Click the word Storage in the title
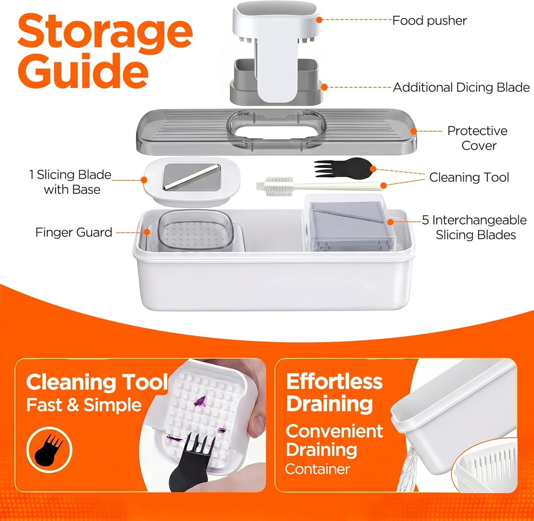105,32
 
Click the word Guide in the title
83,71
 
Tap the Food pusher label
429,21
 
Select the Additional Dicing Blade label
461,88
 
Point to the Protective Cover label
478,138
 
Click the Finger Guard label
74,232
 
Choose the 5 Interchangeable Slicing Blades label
474,227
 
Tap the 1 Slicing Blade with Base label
70,182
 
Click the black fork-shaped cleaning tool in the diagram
344,168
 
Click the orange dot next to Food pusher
319,20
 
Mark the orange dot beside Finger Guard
147,232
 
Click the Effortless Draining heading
334,393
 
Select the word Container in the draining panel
317,469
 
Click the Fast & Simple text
84,405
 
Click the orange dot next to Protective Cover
414,131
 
